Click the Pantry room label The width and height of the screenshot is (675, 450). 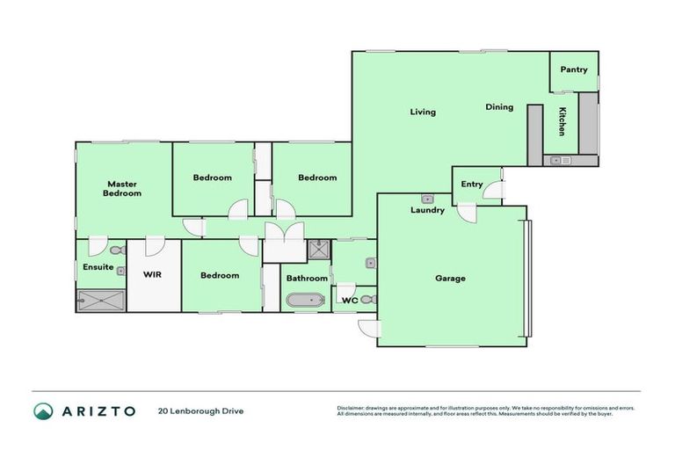[x=573, y=69]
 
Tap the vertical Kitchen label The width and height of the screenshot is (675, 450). [x=562, y=120]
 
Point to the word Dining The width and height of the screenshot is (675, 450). [x=499, y=107]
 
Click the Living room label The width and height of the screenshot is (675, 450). [x=423, y=112]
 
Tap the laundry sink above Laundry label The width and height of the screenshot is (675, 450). [x=427, y=200]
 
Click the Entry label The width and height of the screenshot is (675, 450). [x=472, y=184]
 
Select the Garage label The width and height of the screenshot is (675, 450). [x=450, y=279]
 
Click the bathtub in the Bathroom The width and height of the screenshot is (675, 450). [x=305, y=301]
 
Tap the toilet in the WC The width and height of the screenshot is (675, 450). [x=368, y=300]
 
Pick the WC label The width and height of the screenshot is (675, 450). [x=349, y=300]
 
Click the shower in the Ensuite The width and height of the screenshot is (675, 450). [x=101, y=301]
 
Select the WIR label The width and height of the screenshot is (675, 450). [x=152, y=274]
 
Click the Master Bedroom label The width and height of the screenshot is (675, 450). [x=122, y=189]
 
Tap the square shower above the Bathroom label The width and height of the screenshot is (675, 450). [x=317, y=250]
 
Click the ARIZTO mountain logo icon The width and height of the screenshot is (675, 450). [x=43, y=410]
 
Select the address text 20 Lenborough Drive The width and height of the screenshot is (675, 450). [x=200, y=410]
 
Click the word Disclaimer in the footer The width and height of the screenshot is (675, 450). [x=352, y=408]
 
